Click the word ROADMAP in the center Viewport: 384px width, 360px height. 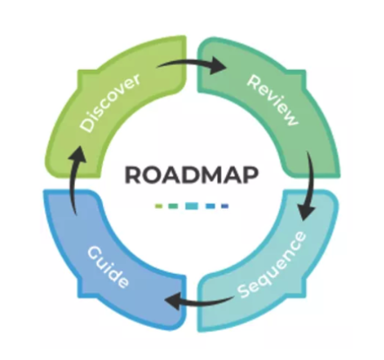(191, 175)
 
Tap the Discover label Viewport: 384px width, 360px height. (111, 103)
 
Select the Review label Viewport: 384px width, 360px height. (272, 100)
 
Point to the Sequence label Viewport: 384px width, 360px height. (272, 265)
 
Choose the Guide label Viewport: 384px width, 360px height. (108, 268)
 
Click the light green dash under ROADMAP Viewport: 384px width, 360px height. (159, 207)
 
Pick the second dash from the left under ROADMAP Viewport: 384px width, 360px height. (173, 207)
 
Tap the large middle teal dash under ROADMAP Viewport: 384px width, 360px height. (192, 206)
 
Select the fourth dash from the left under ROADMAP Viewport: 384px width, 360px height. (210, 207)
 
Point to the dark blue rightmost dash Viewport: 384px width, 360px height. (225, 207)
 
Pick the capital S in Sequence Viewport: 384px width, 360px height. (243, 291)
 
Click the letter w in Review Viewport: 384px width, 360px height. (291, 118)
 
